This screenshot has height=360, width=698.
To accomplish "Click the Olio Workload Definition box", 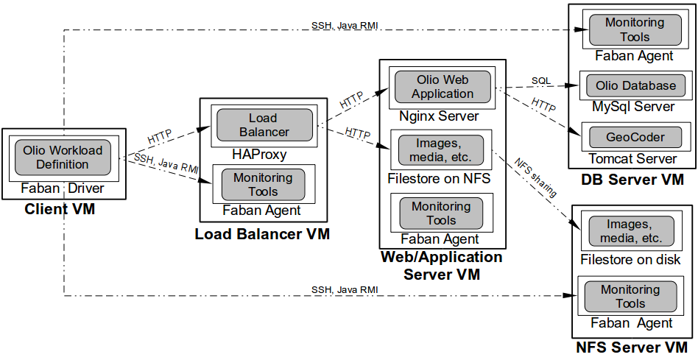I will [x=63, y=157].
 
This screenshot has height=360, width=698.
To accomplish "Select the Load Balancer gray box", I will [x=263, y=125].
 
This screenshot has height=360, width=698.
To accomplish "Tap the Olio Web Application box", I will [x=442, y=87].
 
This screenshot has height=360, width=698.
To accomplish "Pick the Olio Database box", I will [x=635, y=85].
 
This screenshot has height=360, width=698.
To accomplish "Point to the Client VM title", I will [x=60, y=209].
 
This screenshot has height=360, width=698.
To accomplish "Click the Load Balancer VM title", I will [x=261, y=234].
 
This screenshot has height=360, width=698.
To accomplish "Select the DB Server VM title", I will [x=632, y=179].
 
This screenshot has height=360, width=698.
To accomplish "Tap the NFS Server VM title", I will [x=632, y=347].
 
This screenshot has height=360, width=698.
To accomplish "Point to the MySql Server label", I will [x=633, y=107].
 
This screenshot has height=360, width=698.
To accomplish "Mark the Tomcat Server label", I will [x=632, y=158].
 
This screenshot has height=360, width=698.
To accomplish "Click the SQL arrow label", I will [x=541, y=80].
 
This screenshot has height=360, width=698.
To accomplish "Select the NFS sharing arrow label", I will [x=535, y=177].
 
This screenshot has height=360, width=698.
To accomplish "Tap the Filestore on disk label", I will [x=630, y=259].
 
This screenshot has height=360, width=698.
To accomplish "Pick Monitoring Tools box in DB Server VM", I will [x=635, y=30].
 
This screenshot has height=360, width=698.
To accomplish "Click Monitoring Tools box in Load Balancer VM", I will [x=263, y=185].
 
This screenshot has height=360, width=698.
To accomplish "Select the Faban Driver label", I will [x=63, y=188].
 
